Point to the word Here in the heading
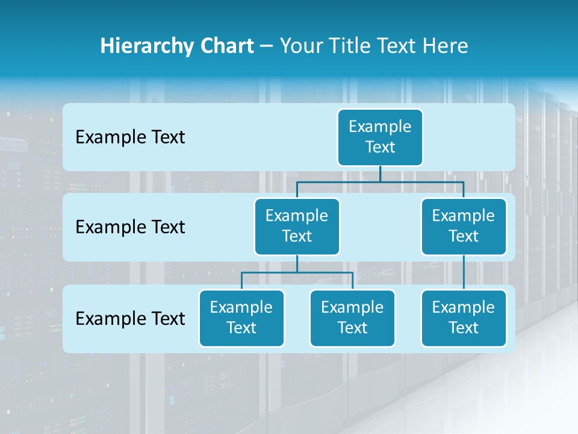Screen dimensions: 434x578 click(446, 46)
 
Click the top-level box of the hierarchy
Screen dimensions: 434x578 click(380, 137)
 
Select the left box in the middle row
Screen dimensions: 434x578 click(297, 227)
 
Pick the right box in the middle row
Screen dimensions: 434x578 click(464, 227)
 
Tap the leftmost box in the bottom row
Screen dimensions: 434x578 click(241, 318)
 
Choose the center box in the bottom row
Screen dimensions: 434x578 click(352, 318)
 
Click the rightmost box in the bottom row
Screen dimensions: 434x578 click(464, 318)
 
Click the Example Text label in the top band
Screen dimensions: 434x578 click(130, 137)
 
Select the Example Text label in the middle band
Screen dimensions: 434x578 click(130, 227)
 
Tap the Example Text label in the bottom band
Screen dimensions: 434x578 click(130, 318)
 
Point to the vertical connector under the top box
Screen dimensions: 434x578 click(380, 174)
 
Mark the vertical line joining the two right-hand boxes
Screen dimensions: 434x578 click(464, 272)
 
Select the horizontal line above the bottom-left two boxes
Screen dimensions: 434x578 click(297, 272)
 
